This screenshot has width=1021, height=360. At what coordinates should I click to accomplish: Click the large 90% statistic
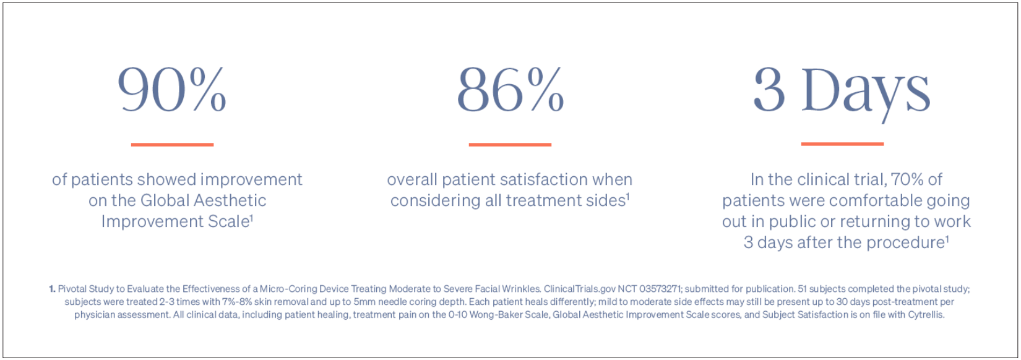tap(172, 89)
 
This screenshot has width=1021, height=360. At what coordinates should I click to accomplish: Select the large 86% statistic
tap(510, 89)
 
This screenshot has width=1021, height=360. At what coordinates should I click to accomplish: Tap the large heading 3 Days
tap(842, 93)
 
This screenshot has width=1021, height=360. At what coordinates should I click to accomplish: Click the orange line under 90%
tap(172, 145)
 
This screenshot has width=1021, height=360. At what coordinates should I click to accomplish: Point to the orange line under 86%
tap(510, 145)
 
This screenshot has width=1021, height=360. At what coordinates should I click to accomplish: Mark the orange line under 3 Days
tap(842, 144)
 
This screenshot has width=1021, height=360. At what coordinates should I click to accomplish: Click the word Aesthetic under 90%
tap(230, 200)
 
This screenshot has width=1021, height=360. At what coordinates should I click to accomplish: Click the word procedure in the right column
tap(905, 243)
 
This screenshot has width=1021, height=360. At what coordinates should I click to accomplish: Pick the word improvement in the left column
tap(251, 180)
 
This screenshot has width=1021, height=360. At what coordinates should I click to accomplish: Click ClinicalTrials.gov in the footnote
tap(579, 289)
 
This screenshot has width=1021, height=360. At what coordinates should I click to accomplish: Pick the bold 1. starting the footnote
tap(53, 289)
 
